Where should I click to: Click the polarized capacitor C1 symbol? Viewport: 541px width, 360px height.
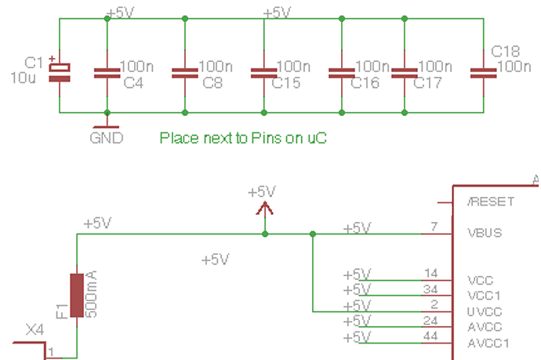pyautogui.click(x=60, y=71)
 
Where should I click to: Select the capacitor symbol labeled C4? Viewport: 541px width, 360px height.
pyautogui.click(x=106, y=73)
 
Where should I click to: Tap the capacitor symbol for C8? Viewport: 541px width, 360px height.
pyautogui.click(x=184, y=73)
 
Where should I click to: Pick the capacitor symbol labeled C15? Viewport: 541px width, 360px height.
pyautogui.click(x=263, y=73)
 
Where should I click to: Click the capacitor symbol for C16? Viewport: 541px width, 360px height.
pyautogui.click(x=343, y=73)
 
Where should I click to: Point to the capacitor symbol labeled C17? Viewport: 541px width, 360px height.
pyautogui.click(x=404, y=73)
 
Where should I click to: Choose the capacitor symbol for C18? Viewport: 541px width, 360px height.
pyautogui.click(x=483, y=73)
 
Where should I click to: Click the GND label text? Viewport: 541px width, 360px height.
pyautogui.click(x=106, y=139)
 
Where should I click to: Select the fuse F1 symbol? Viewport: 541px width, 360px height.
pyautogui.click(x=77, y=296)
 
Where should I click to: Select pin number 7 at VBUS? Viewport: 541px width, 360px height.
pyautogui.click(x=433, y=227)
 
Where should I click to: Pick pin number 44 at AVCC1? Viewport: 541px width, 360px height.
pyautogui.click(x=430, y=336)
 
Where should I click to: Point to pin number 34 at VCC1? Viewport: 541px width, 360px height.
pyautogui.click(x=430, y=289)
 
